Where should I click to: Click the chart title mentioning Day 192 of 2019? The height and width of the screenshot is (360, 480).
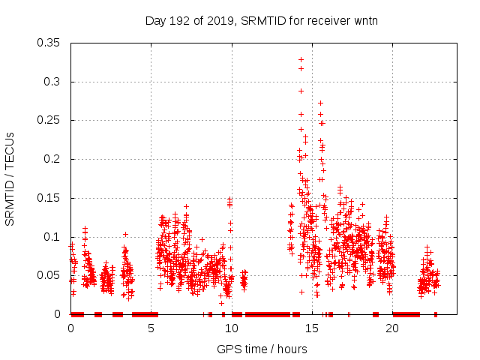[261, 20]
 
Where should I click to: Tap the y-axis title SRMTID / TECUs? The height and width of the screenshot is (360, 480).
[10, 178]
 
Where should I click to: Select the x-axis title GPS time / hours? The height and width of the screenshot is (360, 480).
[261, 348]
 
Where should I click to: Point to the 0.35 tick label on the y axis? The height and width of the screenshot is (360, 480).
[49, 43]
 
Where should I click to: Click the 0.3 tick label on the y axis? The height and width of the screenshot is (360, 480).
[52, 82]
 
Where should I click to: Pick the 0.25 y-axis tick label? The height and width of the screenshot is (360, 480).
[49, 120]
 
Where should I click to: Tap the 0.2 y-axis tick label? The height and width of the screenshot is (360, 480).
[52, 159]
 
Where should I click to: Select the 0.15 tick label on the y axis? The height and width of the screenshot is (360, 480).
[49, 198]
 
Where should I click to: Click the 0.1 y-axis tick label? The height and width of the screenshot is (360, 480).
[52, 237]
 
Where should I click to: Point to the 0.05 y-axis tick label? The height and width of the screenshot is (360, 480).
[49, 275]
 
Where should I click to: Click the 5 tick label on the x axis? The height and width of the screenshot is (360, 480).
[151, 328]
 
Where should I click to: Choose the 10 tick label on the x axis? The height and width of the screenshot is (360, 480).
[232, 328]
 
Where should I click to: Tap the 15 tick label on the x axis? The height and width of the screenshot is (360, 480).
[312, 328]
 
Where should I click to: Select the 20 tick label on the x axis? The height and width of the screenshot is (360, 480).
[392, 328]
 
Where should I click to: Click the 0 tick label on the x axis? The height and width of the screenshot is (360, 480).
[71, 328]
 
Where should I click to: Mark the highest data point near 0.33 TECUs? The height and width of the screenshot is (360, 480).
[301, 59]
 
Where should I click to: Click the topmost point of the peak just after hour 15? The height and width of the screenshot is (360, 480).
[320, 103]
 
